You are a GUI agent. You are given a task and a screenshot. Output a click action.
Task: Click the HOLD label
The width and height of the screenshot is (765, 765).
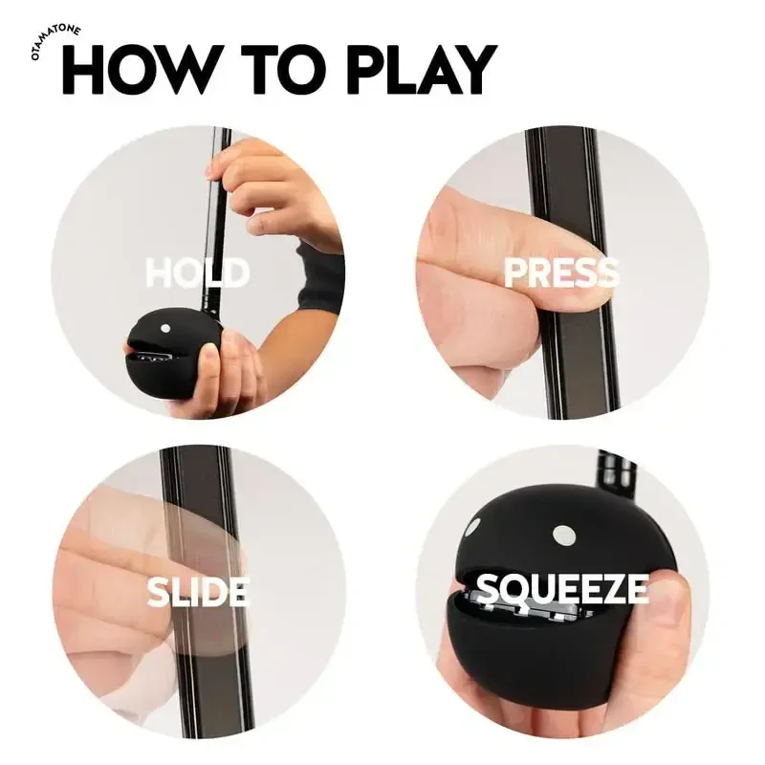click(197, 273)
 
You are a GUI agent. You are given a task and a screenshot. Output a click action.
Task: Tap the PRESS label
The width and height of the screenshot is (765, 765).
click(561, 273)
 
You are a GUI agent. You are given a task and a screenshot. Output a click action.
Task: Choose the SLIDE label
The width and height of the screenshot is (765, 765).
click(197, 592)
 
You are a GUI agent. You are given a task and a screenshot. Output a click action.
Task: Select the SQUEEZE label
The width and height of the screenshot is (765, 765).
click(562, 590)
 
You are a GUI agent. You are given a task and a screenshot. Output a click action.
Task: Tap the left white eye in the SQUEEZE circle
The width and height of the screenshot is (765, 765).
click(472, 526)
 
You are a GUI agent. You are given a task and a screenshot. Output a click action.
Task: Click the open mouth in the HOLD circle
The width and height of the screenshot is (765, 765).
click(153, 355)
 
